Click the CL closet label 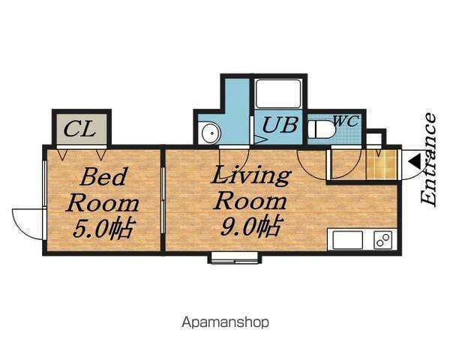(79, 129)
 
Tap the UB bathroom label (280, 125)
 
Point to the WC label (346, 121)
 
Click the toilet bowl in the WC (322, 130)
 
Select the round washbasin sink (211, 133)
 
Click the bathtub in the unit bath (278, 94)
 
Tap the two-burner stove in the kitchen (383, 240)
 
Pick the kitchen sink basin (347, 240)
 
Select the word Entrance (428, 160)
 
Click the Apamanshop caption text (225, 322)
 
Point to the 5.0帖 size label (103, 229)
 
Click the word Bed (103, 177)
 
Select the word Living (250, 175)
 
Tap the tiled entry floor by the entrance (382, 164)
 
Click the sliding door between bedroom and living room (163, 200)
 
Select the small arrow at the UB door (260, 140)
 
